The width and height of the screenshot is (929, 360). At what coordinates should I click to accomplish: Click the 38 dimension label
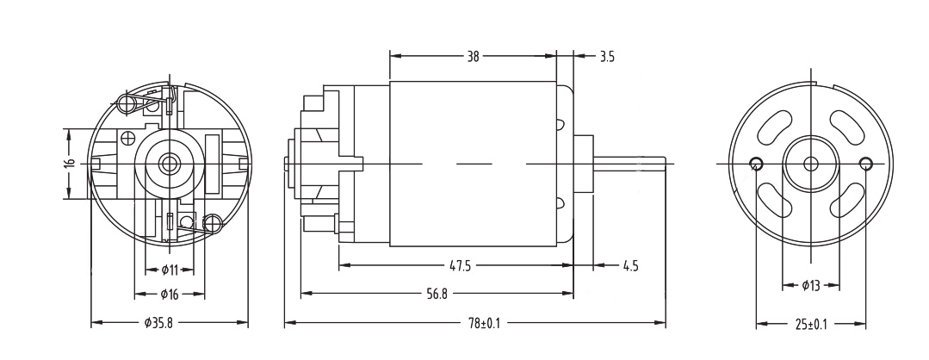473,57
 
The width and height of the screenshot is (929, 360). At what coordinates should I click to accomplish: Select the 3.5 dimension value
607,57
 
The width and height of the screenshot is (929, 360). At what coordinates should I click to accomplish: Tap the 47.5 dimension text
461,265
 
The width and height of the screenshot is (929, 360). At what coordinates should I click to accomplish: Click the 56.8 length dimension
437,294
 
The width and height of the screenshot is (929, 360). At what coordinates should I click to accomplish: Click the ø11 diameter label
170,270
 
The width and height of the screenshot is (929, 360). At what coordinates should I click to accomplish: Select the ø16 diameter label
170,295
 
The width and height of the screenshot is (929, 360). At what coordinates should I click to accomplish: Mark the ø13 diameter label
810,285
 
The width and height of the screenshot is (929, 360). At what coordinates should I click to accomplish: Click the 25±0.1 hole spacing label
810,324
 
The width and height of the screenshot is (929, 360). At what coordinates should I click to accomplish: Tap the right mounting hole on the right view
865,164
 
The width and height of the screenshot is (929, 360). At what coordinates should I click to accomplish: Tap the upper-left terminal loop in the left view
128,104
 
